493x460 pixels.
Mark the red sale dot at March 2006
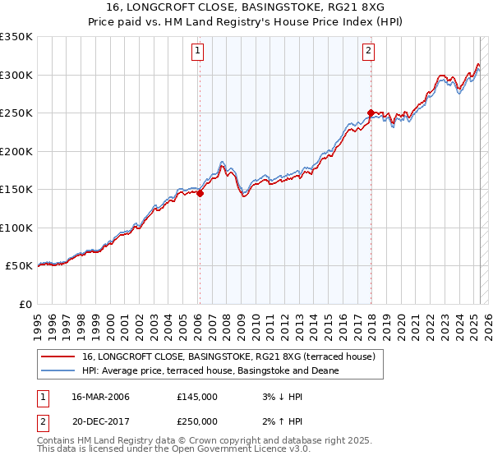coord(200,194)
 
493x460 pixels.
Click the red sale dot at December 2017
coord(371,113)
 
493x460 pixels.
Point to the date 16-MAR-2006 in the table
coord(101,397)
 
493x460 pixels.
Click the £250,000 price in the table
coord(197,421)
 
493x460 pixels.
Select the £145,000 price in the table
coord(197,397)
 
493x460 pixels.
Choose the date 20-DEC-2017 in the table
coord(101,421)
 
